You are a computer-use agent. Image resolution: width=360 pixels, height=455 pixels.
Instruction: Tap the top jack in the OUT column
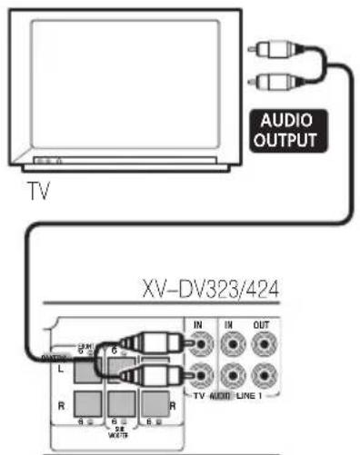[x=264, y=345]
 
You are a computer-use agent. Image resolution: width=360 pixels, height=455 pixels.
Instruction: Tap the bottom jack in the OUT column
[x=264, y=374]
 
